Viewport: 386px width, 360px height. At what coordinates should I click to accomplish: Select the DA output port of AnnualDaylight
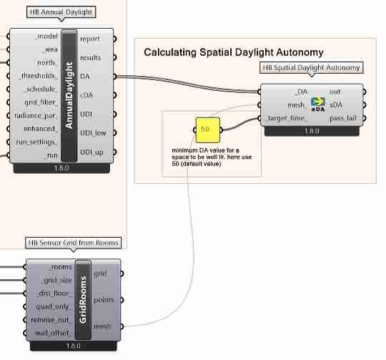click(x=85, y=76)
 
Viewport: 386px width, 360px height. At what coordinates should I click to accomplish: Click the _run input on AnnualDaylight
click(x=49, y=155)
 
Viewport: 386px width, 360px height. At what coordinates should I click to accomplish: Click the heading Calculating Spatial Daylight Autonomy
click(x=234, y=52)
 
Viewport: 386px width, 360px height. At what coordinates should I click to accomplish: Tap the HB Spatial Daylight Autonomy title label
click(x=312, y=68)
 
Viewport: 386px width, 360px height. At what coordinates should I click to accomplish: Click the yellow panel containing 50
click(x=205, y=130)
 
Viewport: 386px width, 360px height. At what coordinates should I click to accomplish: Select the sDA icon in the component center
click(x=318, y=104)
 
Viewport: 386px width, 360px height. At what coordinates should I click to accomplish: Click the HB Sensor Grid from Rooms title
click(x=72, y=243)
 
